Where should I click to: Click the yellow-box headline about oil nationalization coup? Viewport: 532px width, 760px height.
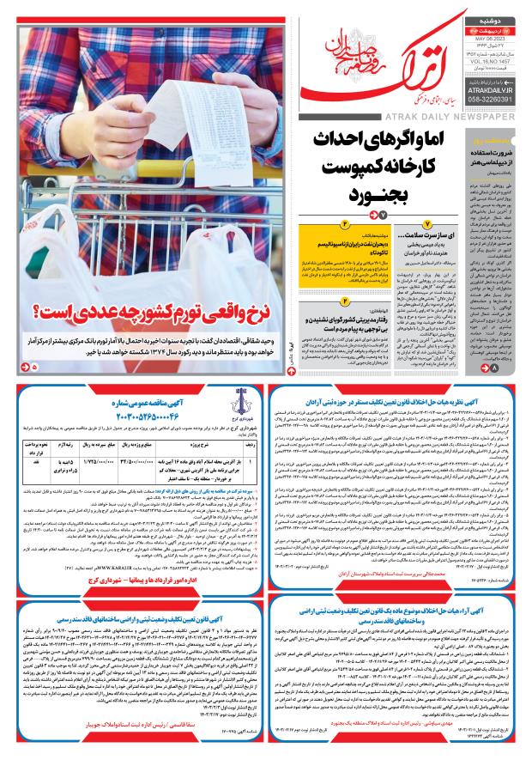pyautogui.click(x=259, y=252)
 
